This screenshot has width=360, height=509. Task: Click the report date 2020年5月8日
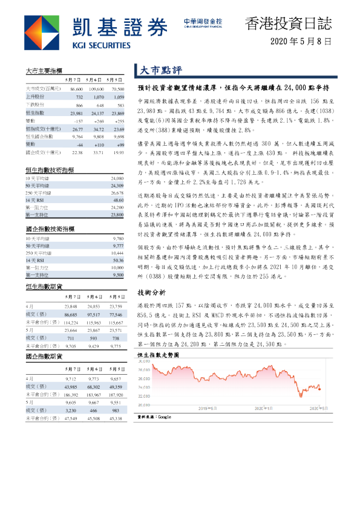301,41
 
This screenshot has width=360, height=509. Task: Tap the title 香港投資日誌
288,24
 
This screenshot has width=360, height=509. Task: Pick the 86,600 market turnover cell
76,89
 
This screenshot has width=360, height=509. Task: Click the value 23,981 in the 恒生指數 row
76,113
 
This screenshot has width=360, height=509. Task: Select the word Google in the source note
165,417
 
